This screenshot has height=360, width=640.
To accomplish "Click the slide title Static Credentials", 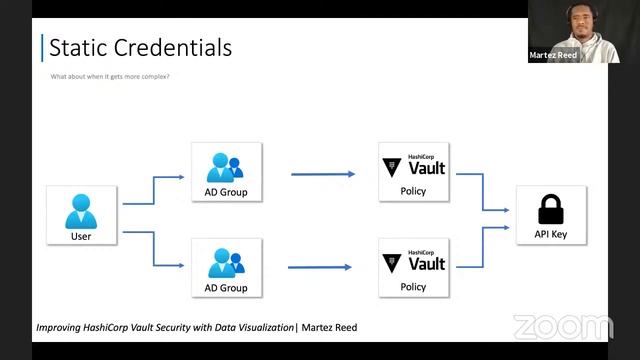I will tap(140, 47).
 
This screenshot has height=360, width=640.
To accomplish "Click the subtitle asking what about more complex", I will tap(109, 77).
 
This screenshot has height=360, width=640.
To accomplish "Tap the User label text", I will tap(81, 237).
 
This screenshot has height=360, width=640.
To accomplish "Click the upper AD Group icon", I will tap(226, 165).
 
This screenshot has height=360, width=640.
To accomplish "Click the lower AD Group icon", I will tap(226, 261).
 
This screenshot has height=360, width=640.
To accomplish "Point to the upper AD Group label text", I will tap(226, 192).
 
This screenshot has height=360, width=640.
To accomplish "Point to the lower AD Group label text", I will tap(226, 288).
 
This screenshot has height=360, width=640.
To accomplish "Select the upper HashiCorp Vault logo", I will tap(413, 166).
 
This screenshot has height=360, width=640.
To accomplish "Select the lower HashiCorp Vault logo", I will tap(413, 261).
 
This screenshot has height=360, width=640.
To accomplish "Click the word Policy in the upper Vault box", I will tap(412, 191).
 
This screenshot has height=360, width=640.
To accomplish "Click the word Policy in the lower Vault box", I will tap(412, 287).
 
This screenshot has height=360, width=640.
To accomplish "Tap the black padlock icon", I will tap(551, 209).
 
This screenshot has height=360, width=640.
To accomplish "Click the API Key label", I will tap(551, 235).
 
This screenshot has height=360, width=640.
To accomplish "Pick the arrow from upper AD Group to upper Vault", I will tap(322, 174).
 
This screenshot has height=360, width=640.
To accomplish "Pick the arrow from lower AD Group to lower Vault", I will tap(320, 267).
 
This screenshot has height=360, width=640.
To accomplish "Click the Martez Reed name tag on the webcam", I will tap(554, 56).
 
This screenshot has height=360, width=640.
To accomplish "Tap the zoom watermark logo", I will tap(562, 327).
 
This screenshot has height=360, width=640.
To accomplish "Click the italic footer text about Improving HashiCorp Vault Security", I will tap(196, 327).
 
